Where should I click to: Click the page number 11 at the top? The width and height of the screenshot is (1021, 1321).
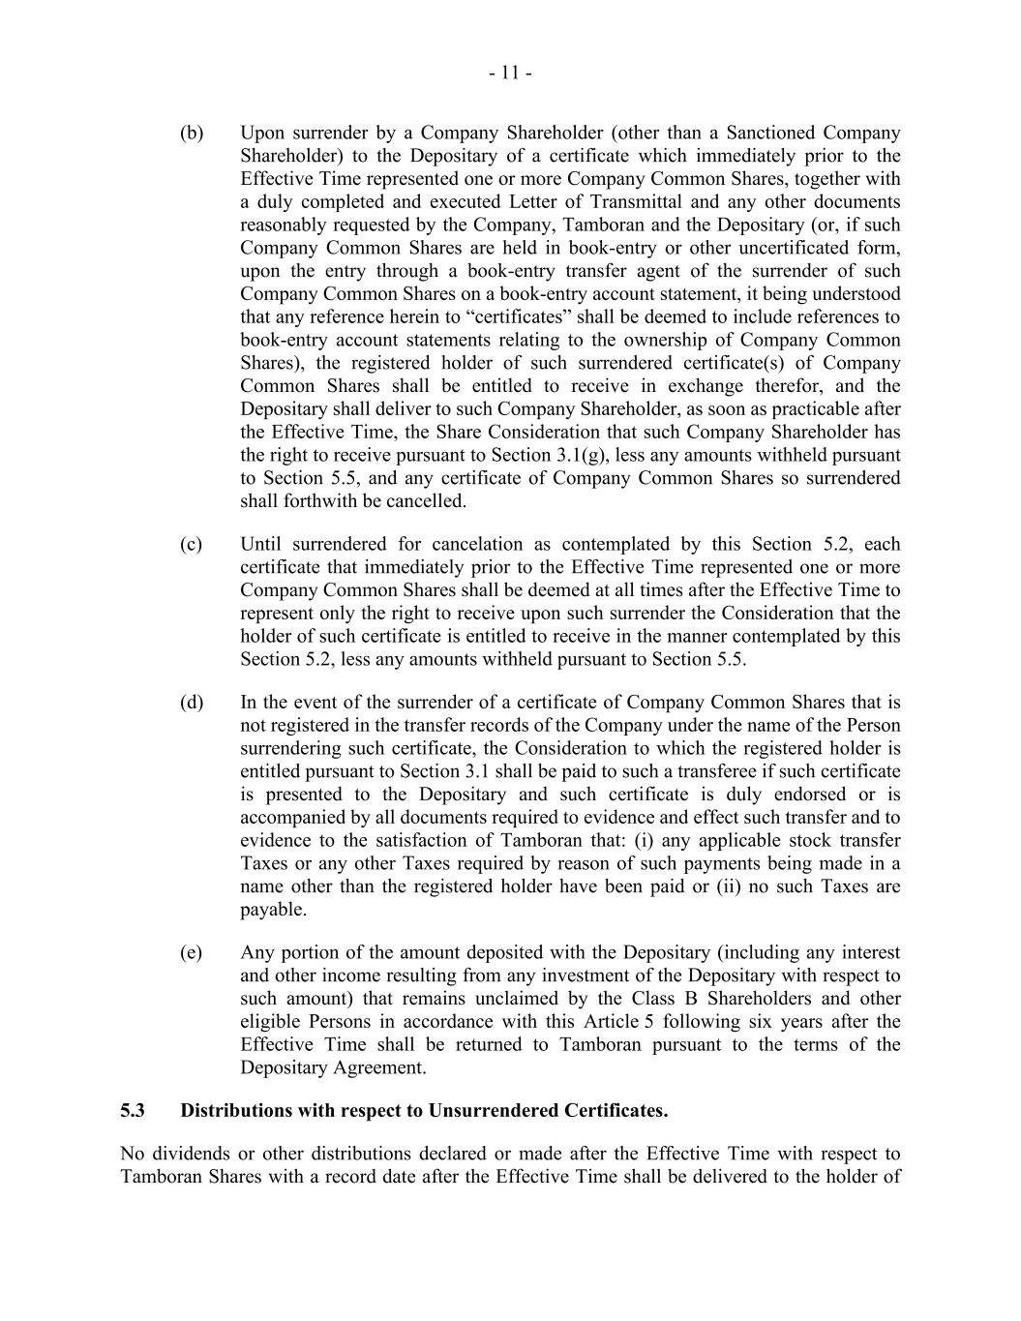(x=510, y=74)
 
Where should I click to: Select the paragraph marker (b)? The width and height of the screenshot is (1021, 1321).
(x=192, y=133)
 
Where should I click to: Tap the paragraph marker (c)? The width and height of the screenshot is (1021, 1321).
(x=192, y=544)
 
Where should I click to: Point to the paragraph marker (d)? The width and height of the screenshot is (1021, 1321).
(x=192, y=702)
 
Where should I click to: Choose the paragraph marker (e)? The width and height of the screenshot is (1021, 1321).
(x=192, y=952)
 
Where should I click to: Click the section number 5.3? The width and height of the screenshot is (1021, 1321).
(x=133, y=1110)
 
